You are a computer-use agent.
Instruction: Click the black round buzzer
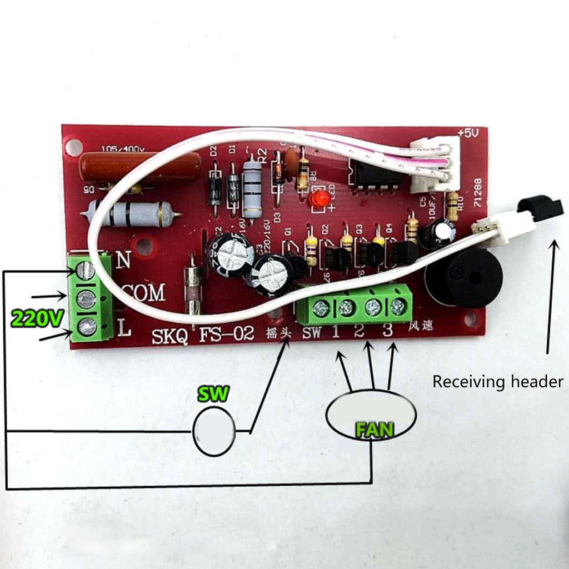tap(464, 278)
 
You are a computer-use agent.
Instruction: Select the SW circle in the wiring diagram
tap(214, 431)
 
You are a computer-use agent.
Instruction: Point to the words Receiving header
tap(497, 382)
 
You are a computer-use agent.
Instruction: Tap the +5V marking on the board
tap(468, 134)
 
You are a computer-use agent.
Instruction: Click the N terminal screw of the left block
tap(86, 271)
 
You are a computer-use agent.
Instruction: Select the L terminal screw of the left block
tap(86, 327)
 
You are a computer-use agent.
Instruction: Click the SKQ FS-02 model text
tap(201, 336)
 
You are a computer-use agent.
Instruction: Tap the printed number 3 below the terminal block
tap(388, 331)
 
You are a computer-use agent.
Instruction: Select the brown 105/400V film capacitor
tap(140, 166)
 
